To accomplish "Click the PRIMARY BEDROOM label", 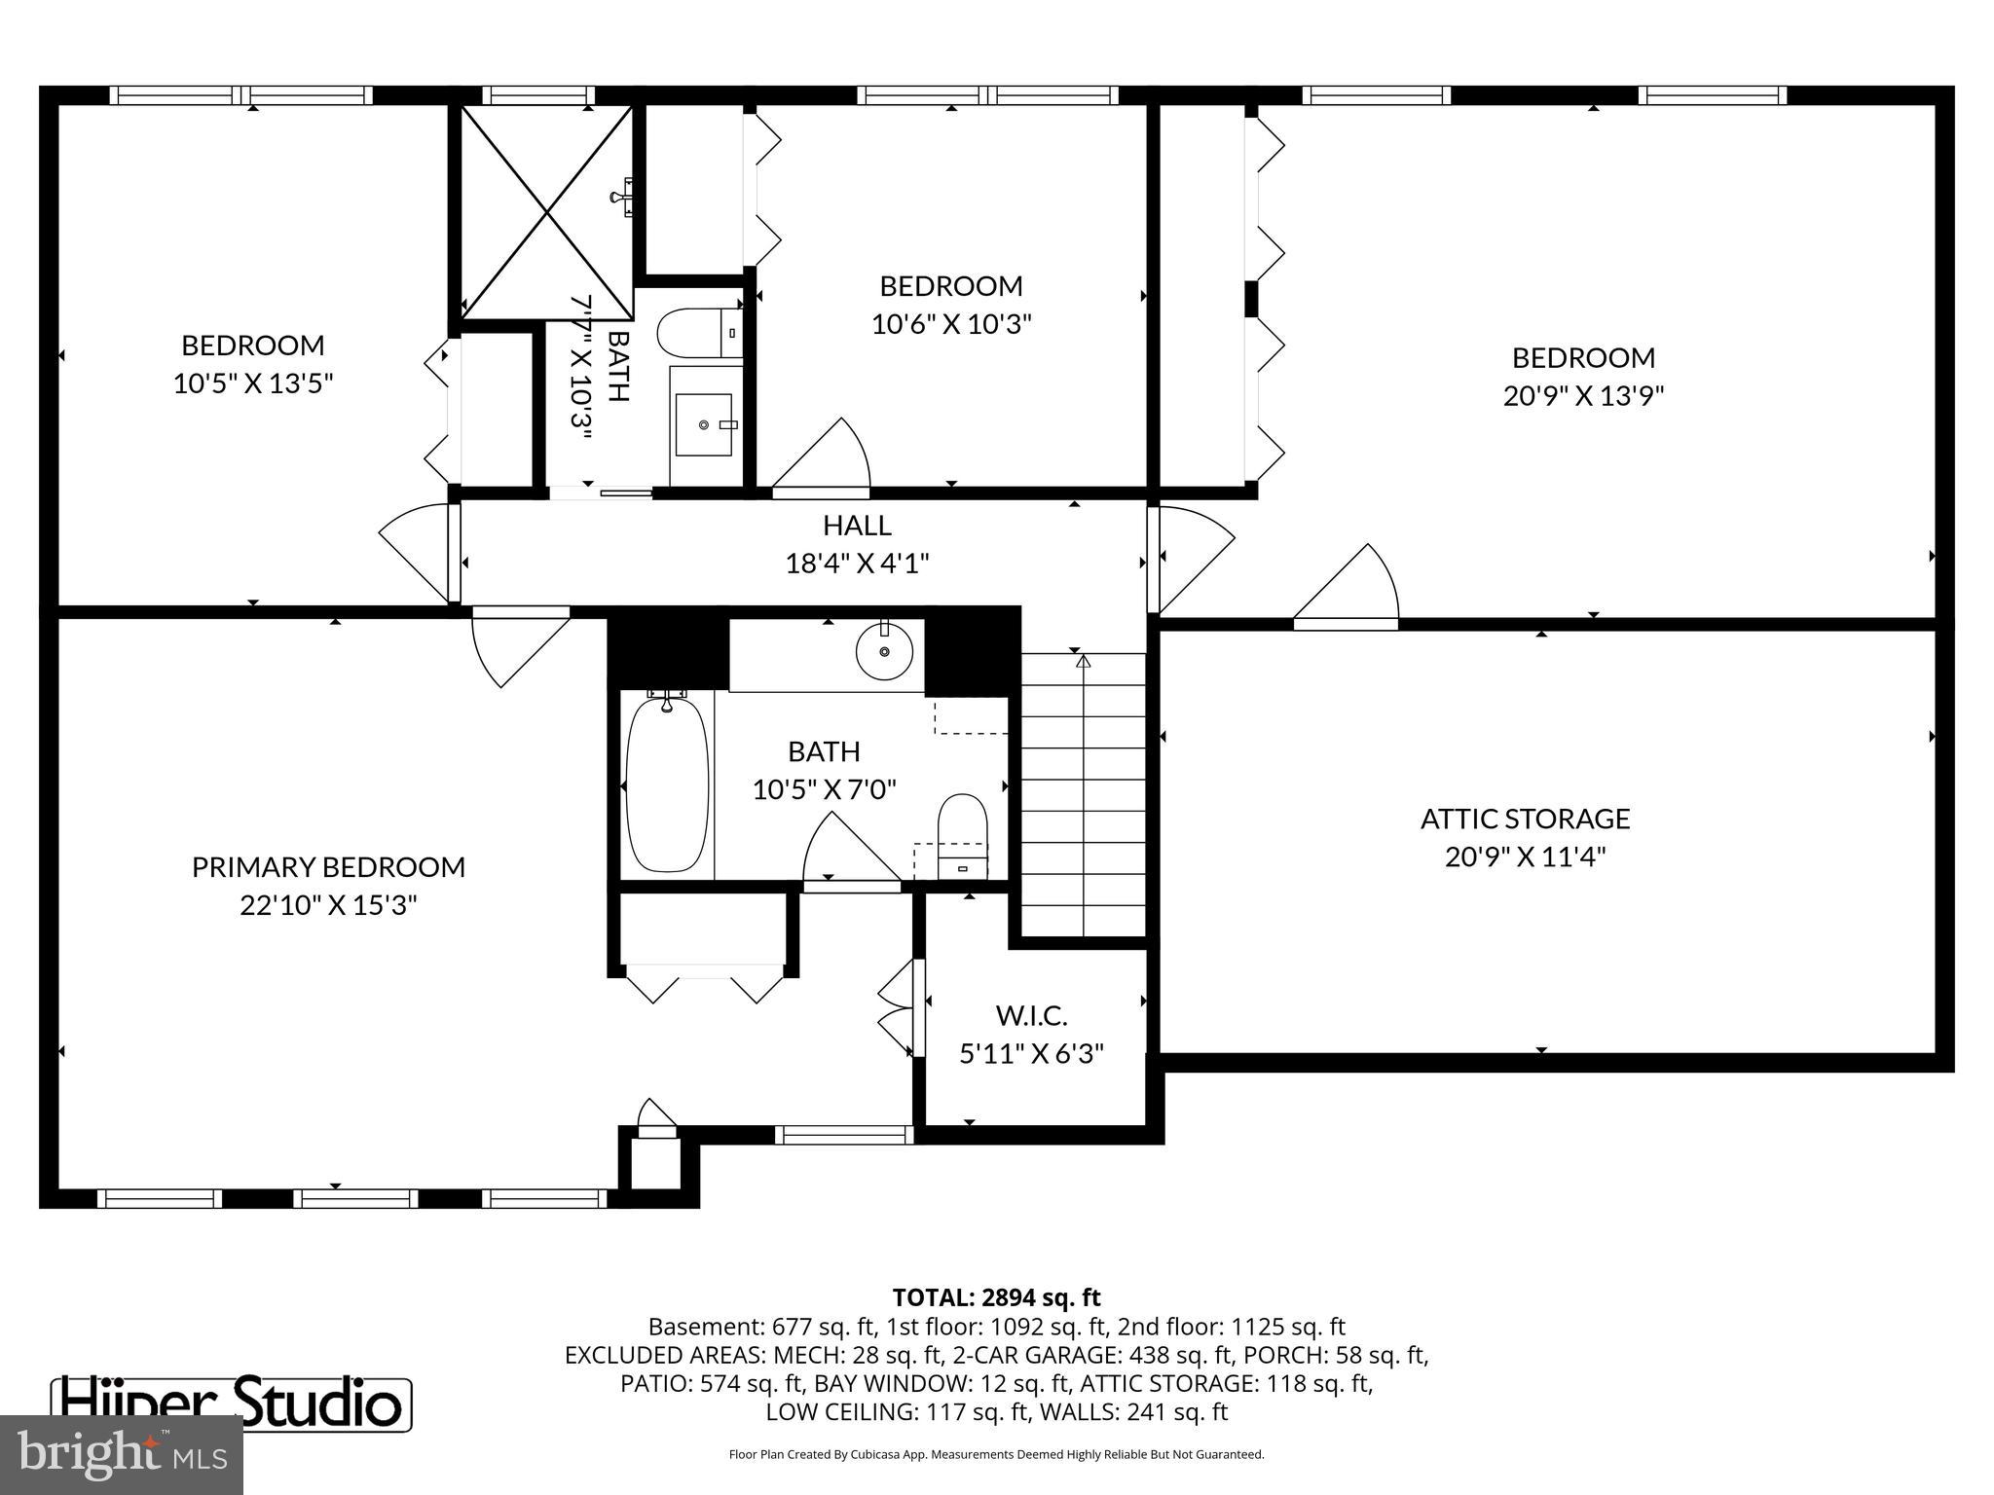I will click(x=328, y=866).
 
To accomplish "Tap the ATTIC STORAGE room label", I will click(x=1525, y=819).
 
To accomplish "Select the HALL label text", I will click(x=857, y=526).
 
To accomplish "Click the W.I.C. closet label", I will click(x=1031, y=1016).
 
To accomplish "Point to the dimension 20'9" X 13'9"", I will click(x=1583, y=396).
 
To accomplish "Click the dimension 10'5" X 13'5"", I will click(x=253, y=383).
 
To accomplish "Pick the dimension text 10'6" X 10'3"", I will click(x=950, y=324).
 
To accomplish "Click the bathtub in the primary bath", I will click(x=667, y=783).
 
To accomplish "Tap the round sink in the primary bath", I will click(x=884, y=650).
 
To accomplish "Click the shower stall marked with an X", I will click(x=546, y=212).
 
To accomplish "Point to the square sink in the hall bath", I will click(x=703, y=424).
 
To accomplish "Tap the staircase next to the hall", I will click(x=1083, y=793).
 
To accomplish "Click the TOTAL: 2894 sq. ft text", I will click(x=996, y=1297).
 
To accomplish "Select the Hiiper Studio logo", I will click(x=231, y=1404).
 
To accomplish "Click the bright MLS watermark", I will click(x=122, y=1454).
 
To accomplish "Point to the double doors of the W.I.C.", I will click(x=898, y=1008).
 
